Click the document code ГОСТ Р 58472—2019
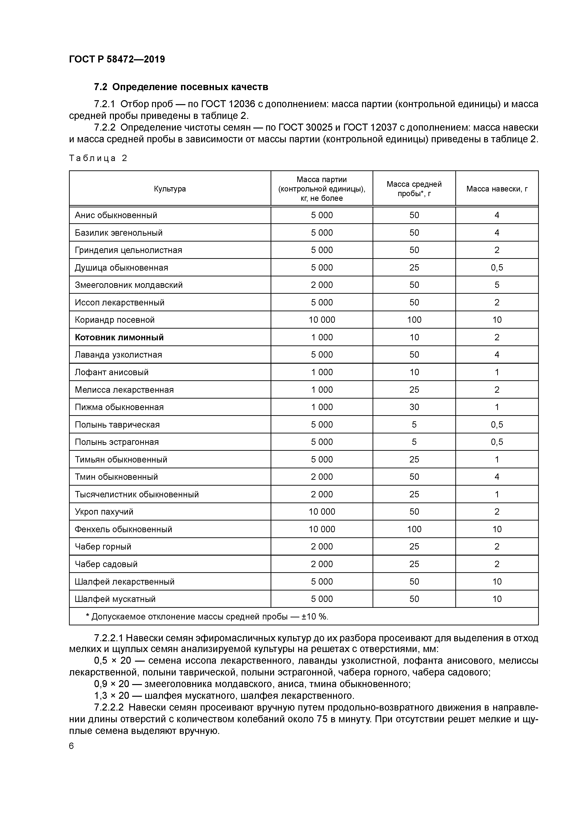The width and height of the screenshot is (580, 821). coord(117,59)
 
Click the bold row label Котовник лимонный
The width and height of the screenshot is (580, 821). coord(119,337)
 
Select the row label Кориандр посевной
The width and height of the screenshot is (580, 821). coord(114,320)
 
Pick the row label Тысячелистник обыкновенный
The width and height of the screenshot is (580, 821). coord(137,494)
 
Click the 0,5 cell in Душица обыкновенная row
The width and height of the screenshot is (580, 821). coord(497,268)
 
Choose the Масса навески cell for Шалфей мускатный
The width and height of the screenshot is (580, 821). coord(497,599)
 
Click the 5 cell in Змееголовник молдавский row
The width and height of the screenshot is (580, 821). coord(497,285)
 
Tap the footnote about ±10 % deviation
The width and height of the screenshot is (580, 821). coord(207,616)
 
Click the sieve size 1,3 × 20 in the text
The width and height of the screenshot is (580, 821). coord(111,696)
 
